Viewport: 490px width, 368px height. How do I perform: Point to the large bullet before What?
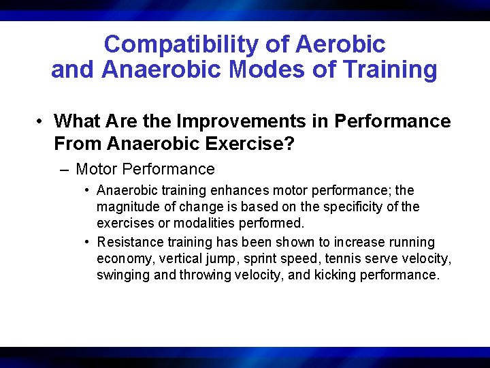click(42, 122)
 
